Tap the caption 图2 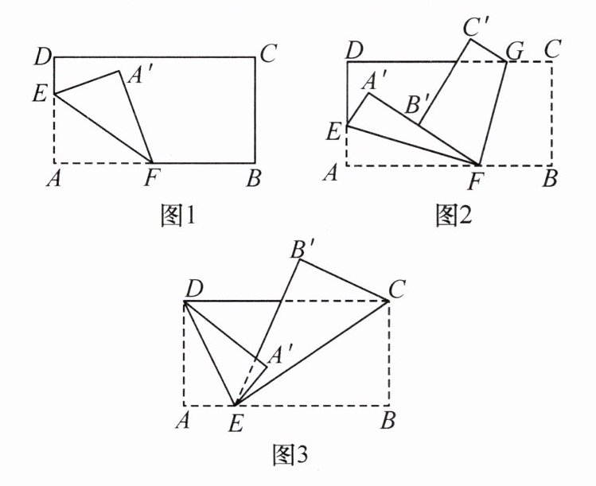click(454, 216)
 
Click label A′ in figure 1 click(141, 76)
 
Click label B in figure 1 click(254, 179)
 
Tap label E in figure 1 click(38, 94)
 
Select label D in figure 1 click(43, 56)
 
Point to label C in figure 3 click(399, 288)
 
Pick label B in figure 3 click(388, 422)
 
